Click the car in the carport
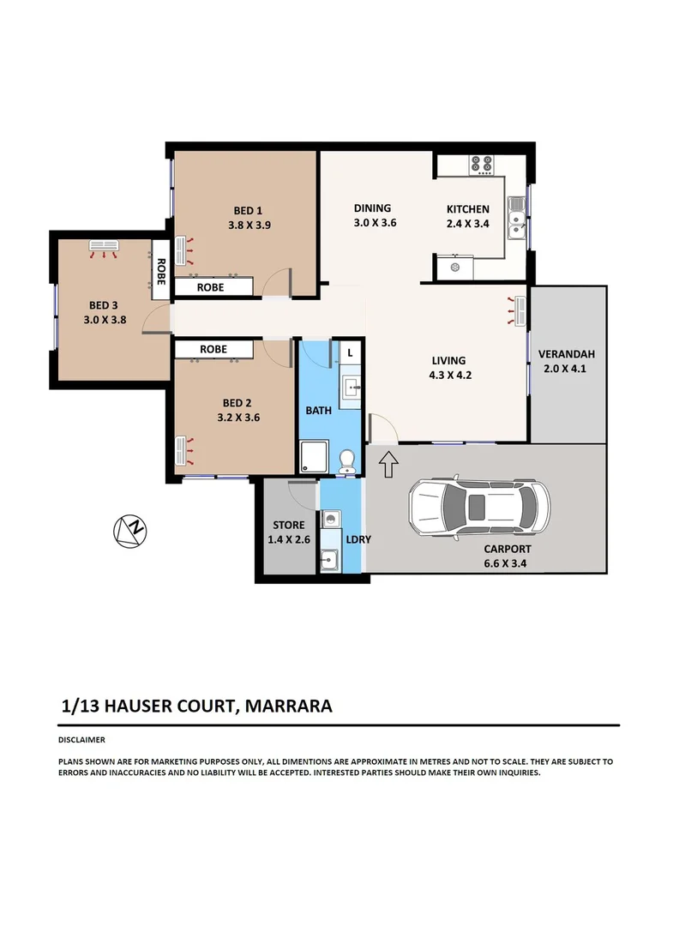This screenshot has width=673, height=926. click(x=478, y=507)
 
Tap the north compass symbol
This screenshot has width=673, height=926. click(x=129, y=531)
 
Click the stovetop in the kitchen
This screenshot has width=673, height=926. click(x=481, y=165)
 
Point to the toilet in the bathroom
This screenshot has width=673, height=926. click(x=347, y=461)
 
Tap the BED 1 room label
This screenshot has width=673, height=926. click(x=248, y=210)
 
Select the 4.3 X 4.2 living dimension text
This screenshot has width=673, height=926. click(x=450, y=375)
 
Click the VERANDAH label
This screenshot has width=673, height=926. click(x=566, y=354)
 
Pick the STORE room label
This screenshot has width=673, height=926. click(x=289, y=525)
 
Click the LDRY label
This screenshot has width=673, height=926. click(x=358, y=539)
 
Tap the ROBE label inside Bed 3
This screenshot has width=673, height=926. click(x=160, y=271)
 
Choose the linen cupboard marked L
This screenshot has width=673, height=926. click(x=350, y=353)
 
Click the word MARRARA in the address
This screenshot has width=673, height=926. click(x=288, y=706)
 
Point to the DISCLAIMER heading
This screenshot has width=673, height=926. click(x=81, y=739)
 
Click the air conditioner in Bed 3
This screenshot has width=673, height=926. click(x=104, y=245)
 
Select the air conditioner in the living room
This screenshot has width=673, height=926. click(x=520, y=310)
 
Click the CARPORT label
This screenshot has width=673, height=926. click(x=508, y=549)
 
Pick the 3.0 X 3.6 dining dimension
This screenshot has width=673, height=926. click(x=375, y=223)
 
